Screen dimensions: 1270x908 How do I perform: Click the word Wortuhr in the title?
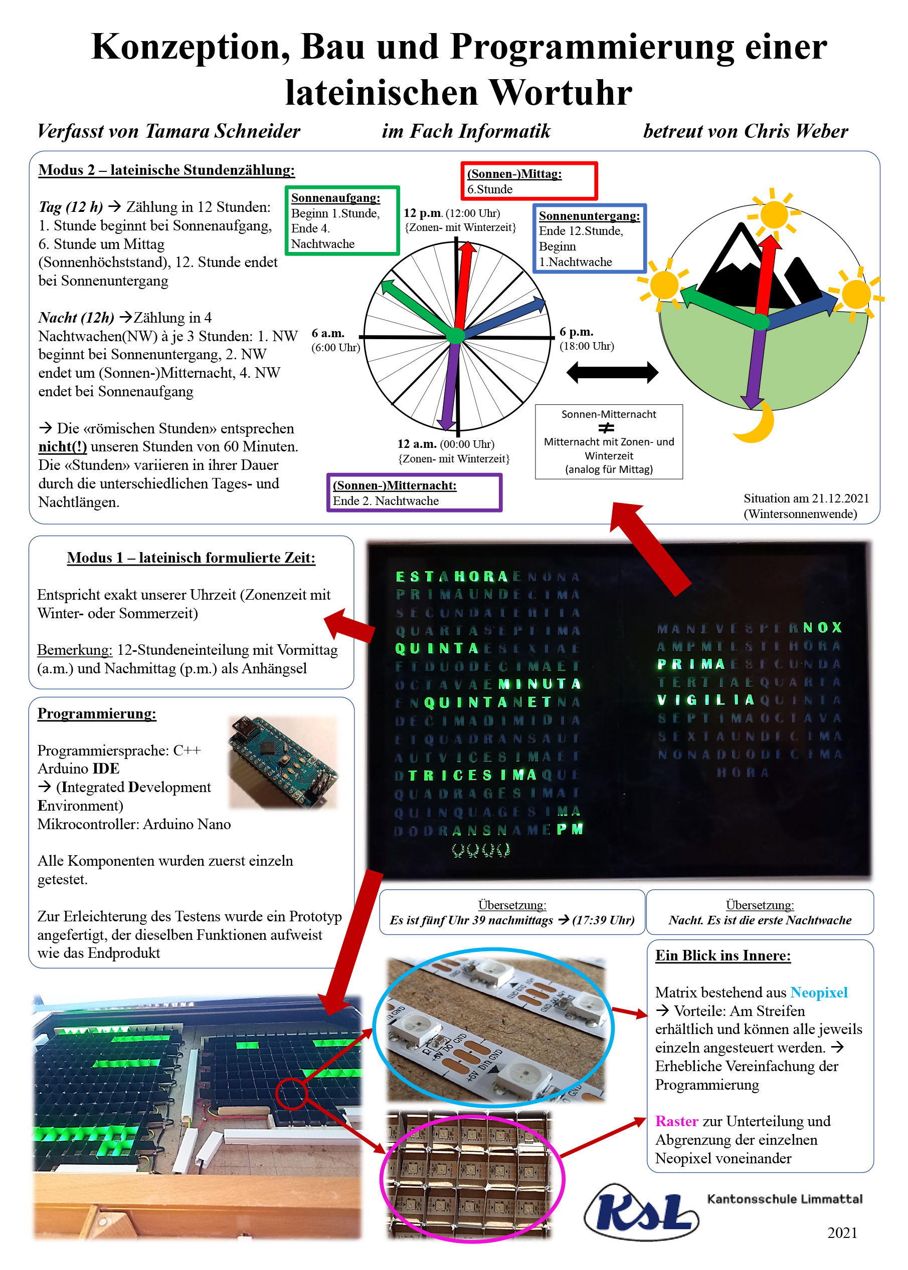(561, 93)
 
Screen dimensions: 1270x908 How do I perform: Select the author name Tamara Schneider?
(223, 131)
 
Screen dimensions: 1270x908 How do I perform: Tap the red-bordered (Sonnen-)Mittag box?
(529, 181)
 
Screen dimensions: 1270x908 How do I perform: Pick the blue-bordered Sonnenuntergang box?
(589, 238)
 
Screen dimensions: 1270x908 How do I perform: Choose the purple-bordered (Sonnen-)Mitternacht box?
(414, 493)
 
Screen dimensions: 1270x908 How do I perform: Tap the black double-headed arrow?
(612, 372)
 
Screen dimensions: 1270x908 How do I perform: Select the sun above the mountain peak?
(774, 214)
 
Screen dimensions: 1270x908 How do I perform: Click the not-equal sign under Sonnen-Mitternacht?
(606, 428)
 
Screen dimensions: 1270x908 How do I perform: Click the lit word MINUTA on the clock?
(539, 684)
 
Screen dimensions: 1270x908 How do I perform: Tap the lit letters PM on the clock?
(570, 829)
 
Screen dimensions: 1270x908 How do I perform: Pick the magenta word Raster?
(676, 1121)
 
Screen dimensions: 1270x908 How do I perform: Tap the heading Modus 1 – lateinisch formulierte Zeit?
(191, 558)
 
